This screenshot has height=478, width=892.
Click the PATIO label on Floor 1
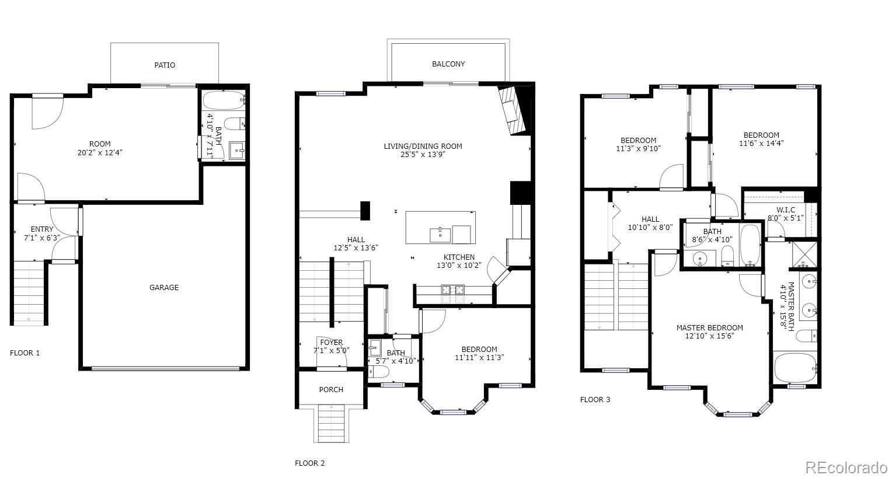165,65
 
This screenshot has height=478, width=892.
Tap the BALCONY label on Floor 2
448,64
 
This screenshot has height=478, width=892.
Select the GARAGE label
163,287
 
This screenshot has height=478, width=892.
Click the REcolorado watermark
846,467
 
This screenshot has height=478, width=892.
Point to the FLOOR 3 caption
595,400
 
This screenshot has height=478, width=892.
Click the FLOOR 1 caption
25,353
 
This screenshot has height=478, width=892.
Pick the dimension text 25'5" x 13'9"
423,155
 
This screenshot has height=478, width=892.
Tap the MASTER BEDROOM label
710,327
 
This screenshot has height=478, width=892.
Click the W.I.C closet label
786,210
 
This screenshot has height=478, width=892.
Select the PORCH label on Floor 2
331,390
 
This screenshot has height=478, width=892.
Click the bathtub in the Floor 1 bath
224,100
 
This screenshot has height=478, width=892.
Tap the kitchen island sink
440,235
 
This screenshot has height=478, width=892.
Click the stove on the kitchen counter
453,289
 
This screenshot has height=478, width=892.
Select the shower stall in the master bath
804,254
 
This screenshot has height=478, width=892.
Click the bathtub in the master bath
795,368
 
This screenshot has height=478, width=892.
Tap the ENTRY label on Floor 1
42,229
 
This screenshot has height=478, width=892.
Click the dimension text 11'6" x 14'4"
761,143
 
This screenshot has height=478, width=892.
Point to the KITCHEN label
459,257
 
